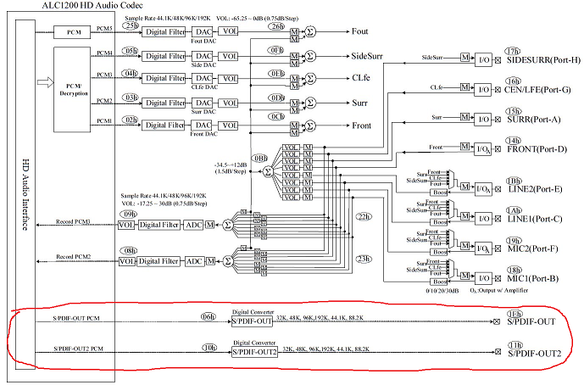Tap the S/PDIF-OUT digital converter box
(252, 322)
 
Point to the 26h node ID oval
(276, 26)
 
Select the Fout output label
(362, 31)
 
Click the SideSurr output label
(370, 55)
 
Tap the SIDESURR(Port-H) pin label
(542, 60)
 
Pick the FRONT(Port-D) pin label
(537, 149)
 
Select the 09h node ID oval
(130, 214)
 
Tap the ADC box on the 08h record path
(192, 261)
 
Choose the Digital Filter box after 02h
(164, 126)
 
